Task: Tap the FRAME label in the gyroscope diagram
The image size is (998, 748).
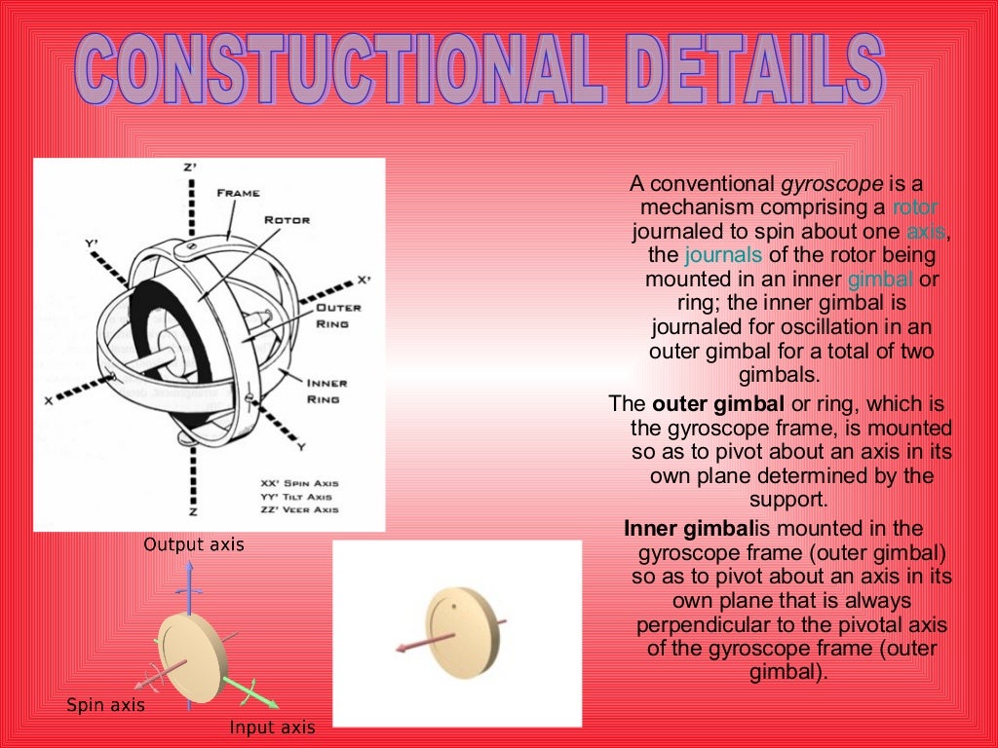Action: pyautogui.click(x=239, y=193)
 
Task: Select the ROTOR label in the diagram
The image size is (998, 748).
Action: pyautogui.click(x=287, y=220)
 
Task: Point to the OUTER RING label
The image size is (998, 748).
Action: pyautogui.click(x=338, y=315)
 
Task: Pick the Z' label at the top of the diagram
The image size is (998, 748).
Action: pyautogui.click(x=190, y=168)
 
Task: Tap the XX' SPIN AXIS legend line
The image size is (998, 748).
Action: pyautogui.click(x=299, y=483)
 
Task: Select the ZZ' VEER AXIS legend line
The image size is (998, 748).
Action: pyautogui.click(x=299, y=509)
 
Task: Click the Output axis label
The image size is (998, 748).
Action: pyautogui.click(x=194, y=544)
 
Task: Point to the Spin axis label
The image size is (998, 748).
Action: pyautogui.click(x=105, y=704)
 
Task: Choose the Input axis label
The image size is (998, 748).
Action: pyautogui.click(x=272, y=727)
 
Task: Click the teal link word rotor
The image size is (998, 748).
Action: pyautogui.click(x=915, y=207)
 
